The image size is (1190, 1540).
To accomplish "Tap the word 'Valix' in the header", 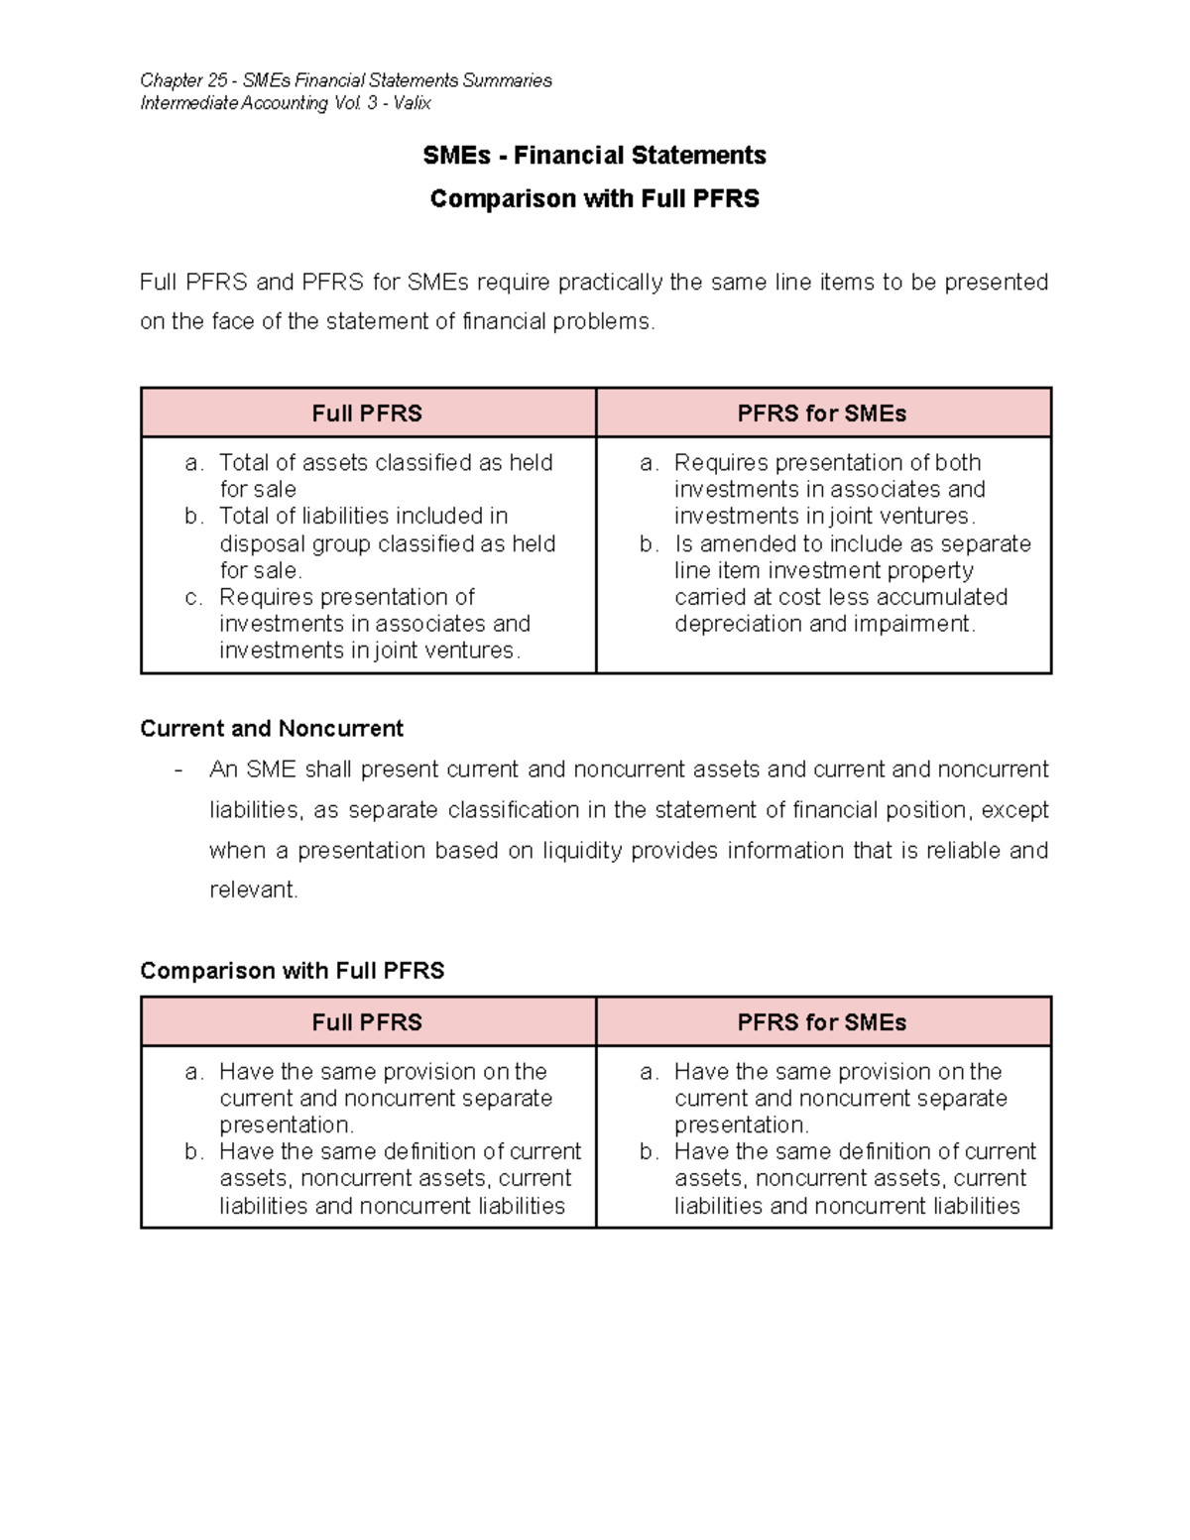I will (412, 103).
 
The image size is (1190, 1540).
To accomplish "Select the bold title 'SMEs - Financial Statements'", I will (594, 156).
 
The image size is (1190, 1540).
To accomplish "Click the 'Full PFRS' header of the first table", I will (367, 414).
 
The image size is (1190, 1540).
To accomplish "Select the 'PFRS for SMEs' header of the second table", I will (821, 1022).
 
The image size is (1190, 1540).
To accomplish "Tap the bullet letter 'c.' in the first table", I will (194, 598).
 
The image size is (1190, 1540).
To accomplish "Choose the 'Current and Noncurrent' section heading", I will (272, 729).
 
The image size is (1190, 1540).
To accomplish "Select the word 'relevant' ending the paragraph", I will (252, 890).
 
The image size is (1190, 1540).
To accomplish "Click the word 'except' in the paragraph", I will (1014, 810).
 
